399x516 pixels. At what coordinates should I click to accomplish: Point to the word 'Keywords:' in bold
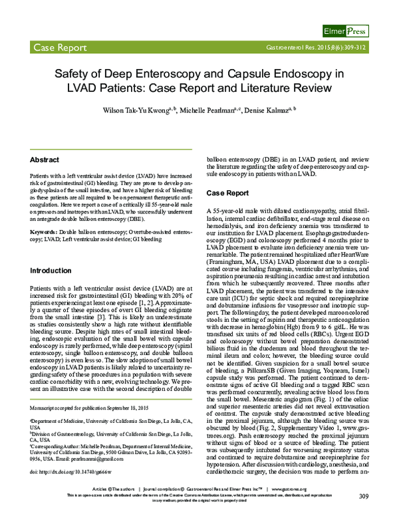tap(46, 231)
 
